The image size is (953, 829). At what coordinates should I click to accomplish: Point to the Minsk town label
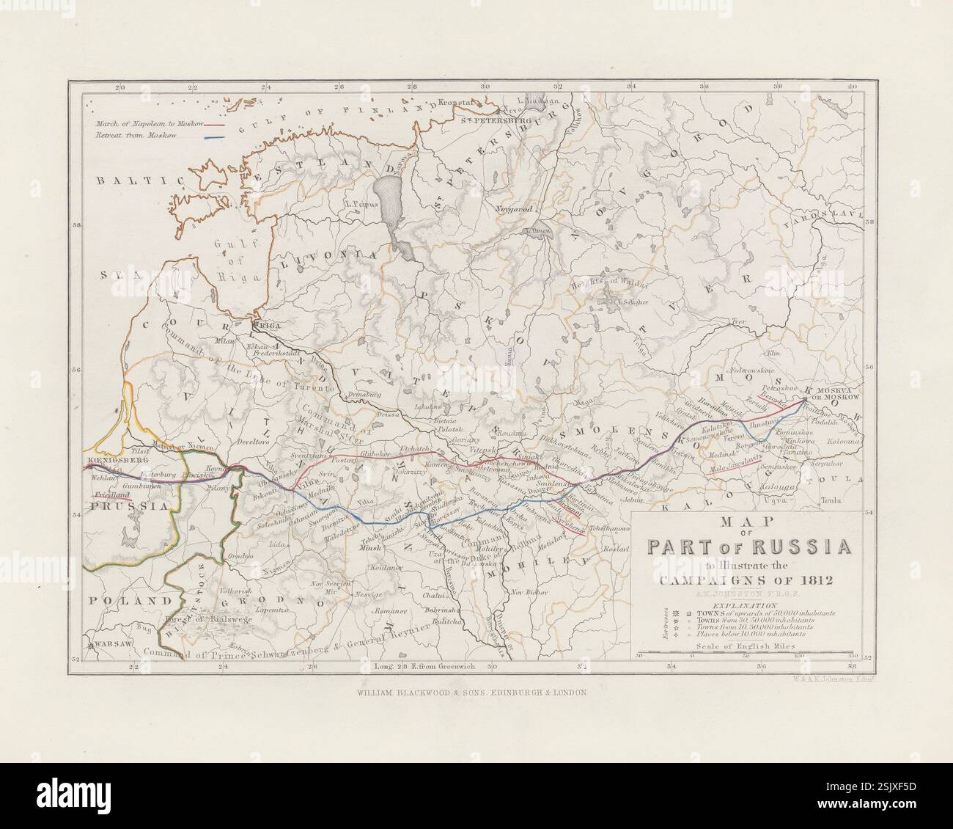(x=373, y=547)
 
